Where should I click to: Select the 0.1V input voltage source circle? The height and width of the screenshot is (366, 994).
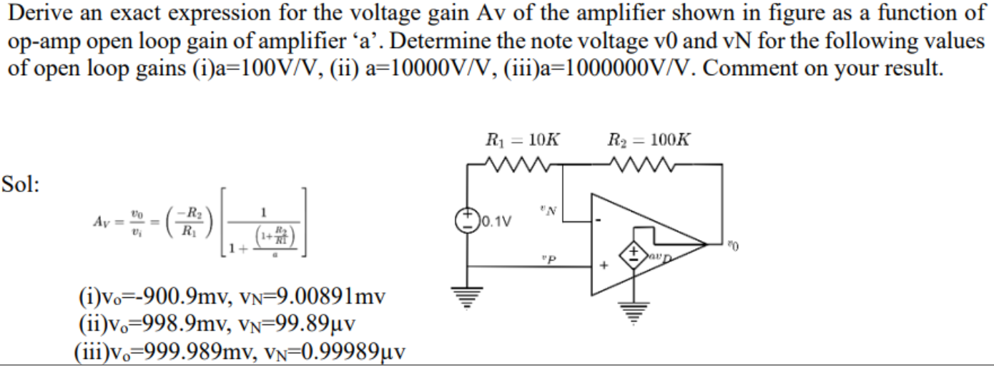[x=468, y=218]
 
